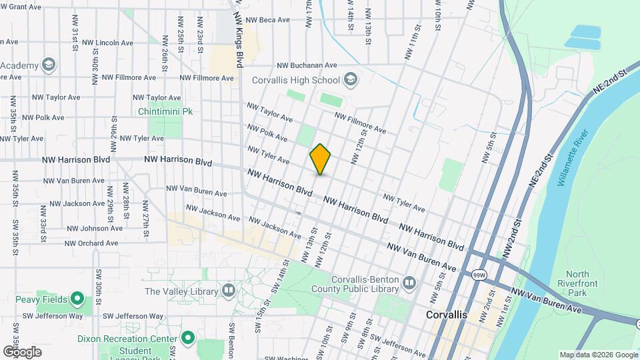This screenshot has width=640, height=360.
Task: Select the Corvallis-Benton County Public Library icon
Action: pos(408,283)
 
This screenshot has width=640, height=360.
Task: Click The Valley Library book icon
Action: pos(229,291)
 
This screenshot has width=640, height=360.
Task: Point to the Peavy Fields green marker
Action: pos(78,299)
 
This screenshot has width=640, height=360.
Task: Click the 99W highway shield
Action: pos(478,274)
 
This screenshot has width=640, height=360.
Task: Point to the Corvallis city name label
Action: pos(447,314)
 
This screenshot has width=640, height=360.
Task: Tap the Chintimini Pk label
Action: pos(165,111)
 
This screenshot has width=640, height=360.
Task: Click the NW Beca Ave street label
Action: pos(267,20)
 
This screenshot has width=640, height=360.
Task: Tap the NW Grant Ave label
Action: pos(21,7)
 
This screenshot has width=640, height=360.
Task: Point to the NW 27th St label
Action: pos(145,215)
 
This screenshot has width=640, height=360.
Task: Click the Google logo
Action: pos(22,351)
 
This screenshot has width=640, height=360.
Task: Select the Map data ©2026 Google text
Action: pos(598,355)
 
